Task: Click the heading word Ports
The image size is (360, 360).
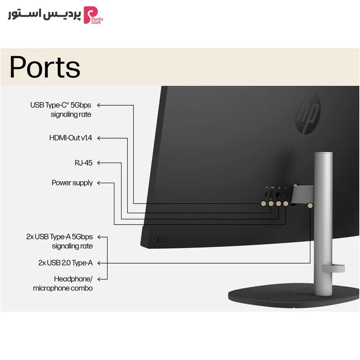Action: click(x=45, y=67)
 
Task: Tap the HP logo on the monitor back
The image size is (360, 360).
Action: click(x=308, y=112)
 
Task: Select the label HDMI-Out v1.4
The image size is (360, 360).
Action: click(x=71, y=138)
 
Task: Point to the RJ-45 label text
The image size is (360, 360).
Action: click(x=84, y=163)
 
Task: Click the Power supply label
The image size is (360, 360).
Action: click(x=72, y=183)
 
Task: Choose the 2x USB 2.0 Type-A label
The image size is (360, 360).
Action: click(x=65, y=263)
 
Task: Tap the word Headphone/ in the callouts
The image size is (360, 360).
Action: click(x=73, y=279)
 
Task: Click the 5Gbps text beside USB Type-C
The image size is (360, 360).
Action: click(x=81, y=105)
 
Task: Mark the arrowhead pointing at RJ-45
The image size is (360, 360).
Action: click(x=99, y=163)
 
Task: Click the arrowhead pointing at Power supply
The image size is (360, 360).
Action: click(x=99, y=183)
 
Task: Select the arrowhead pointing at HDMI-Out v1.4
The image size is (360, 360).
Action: click(x=99, y=138)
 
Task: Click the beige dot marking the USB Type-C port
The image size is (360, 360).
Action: click(x=264, y=203)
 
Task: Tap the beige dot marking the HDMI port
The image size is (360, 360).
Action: click(x=271, y=203)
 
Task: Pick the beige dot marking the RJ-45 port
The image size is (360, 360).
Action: click(x=278, y=203)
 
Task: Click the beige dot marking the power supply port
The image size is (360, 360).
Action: click(x=286, y=203)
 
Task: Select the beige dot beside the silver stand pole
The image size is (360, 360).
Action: click(x=310, y=206)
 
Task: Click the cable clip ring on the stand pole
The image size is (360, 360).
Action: click(x=333, y=268)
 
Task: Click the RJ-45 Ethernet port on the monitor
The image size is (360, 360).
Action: click(x=278, y=195)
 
